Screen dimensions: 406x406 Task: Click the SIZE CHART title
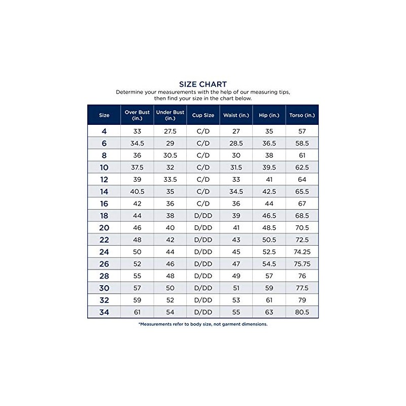pos(202,84)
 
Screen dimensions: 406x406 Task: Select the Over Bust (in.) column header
pos(137,115)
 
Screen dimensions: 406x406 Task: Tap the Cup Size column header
pos(203,115)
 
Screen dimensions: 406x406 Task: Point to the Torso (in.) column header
pos(302,115)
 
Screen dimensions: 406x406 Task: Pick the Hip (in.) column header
pos(269,115)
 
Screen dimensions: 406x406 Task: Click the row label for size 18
pos(104,216)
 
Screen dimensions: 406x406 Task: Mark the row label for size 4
pos(104,131)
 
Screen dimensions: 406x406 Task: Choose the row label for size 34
pos(104,312)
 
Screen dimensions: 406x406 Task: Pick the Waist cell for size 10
pos(236,167)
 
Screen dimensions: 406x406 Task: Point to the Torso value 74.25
pos(302,252)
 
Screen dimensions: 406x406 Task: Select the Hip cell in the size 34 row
pos(269,312)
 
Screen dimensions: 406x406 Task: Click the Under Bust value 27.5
pos(170,131)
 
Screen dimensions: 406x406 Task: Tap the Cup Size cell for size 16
pos(203,204)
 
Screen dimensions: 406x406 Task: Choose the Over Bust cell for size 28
pos(137,276)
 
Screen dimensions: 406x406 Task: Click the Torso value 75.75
pos(302,264)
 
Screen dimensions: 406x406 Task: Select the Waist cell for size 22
pos(236,240)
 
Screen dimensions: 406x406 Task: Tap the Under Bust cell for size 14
pos(170,192)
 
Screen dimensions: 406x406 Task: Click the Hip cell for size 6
pos(269,144)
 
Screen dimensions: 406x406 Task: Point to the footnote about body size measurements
pos(202,324)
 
